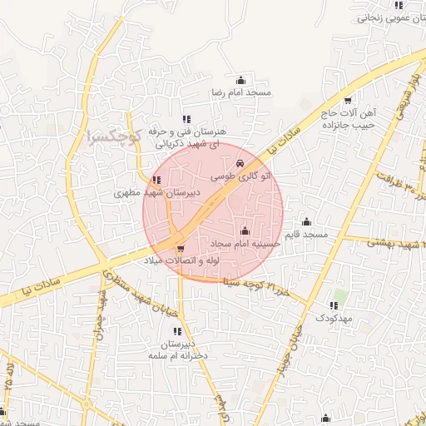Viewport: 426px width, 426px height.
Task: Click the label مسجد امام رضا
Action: [x=241, y=92]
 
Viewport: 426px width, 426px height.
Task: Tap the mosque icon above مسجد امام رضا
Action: [x=241, y=80]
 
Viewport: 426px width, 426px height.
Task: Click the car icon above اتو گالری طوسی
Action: [x=240, y=164]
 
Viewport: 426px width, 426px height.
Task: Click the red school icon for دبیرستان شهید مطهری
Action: [x=156, y=180]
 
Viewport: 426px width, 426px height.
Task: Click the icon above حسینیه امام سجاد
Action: [x=245, y=230]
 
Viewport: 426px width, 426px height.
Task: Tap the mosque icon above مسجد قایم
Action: [x=306, y=221]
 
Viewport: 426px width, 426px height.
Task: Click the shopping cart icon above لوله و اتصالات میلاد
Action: [x=181, y=248]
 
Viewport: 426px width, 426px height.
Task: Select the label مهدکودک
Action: [x=335, y=318]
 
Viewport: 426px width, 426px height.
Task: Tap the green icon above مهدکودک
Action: [x=335, y=305]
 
